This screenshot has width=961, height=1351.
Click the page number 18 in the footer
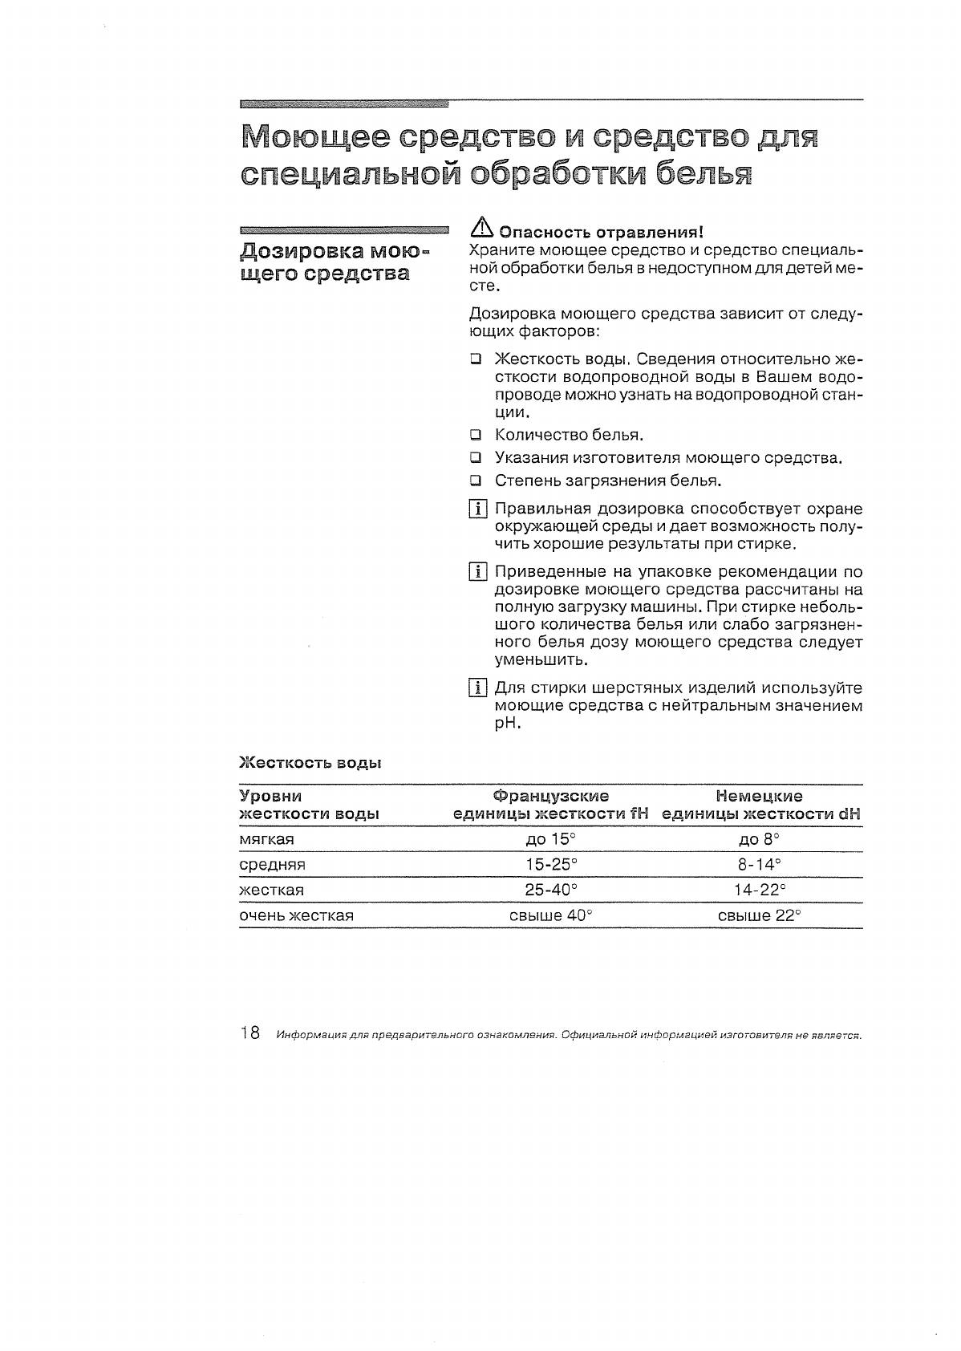249,1033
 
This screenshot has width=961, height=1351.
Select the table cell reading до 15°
550,839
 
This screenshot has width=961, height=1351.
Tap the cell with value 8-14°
759,865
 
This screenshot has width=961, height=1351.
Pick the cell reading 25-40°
550,890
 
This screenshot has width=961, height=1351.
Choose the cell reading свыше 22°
759,915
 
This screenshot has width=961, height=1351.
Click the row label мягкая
267,839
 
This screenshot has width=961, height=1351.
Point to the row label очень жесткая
297,915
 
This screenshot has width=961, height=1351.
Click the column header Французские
550,796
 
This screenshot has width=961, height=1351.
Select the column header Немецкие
759,796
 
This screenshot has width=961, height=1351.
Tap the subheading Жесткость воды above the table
310,763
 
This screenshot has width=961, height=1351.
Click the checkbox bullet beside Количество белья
476,436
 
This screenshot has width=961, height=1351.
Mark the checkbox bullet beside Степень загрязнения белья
476,481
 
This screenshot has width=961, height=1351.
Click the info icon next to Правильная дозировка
477,509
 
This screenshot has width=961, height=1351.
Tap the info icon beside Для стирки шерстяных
477,688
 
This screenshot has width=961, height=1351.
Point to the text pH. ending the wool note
508,724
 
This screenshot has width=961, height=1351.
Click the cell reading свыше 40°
550,915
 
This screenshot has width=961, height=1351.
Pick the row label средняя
272,865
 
